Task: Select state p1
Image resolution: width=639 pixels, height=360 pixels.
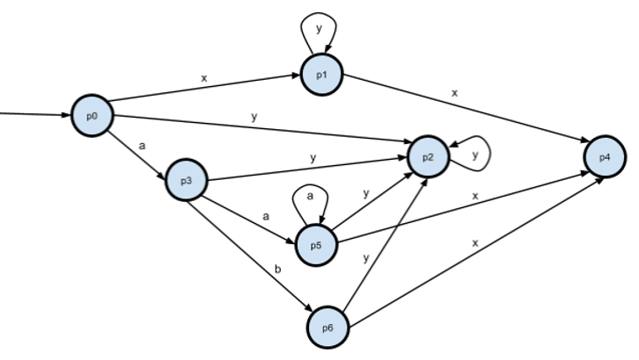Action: [x=319, y=73]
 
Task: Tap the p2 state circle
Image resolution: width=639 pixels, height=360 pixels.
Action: [x=428, y=156]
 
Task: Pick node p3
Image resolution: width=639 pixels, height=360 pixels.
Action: [x=186, y=180]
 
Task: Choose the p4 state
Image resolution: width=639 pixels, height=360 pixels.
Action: [x=605, y=156]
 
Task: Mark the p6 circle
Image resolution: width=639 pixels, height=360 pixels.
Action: [x=327, y=328]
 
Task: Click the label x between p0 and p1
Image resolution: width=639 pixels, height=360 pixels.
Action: [x=204, y=78]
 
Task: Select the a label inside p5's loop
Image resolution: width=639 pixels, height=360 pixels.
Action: [x=310, y=198]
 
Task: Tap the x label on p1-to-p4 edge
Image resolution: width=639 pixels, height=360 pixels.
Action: [x=455, y=92]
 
